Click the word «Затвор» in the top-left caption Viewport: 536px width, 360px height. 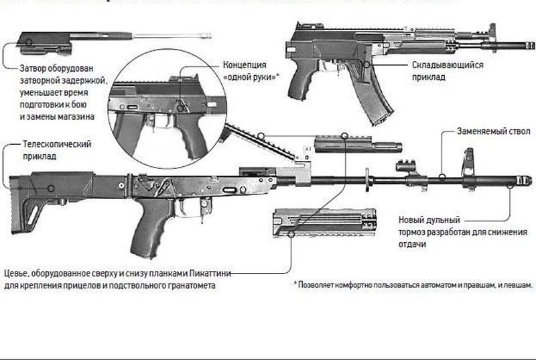[x=36, y=68]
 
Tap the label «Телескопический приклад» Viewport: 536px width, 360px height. [x=56, y=149]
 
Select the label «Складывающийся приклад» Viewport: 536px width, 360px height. [x=447, y=71]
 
